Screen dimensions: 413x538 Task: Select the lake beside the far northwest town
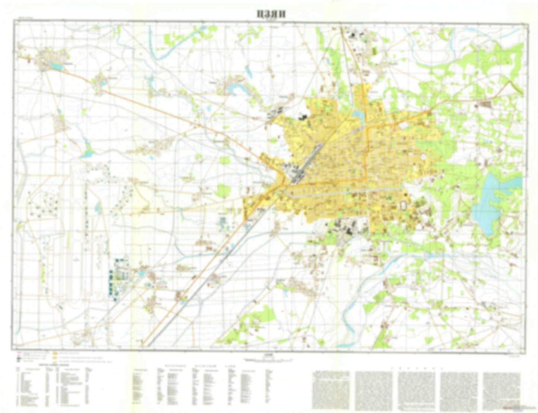pyautogui.click(x=57, y=66)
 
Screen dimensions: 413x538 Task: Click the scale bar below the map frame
pyautogui.click(x=268, y=360)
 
